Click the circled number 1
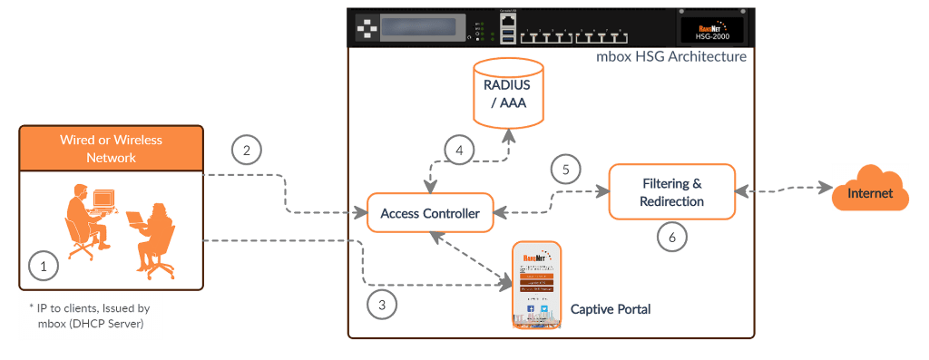tap(42, 266)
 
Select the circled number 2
tap(247, 151)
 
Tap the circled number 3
tap(382, 304)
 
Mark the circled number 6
tap(672, 236)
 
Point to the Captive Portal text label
tap(610, 310)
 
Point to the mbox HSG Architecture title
tap(671, 56)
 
